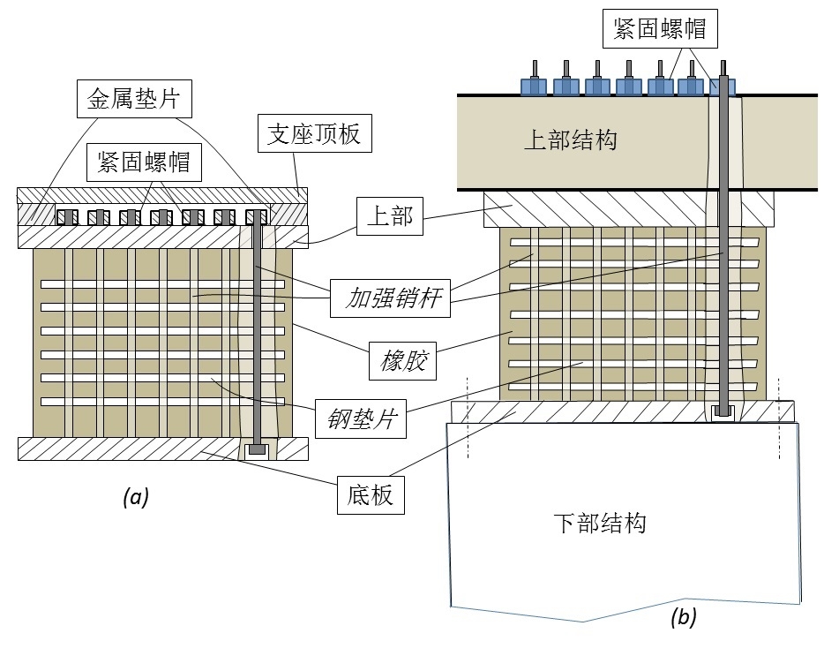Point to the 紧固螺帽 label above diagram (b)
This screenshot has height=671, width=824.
point(659,28)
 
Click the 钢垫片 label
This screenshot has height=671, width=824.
point(361,420)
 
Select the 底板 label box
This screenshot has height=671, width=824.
point(371,495)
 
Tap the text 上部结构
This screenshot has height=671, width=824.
point(570,140)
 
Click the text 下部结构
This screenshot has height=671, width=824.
point(600,523)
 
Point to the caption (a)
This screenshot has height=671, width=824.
point(136,497)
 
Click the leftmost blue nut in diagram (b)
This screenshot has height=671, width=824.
point(534,86)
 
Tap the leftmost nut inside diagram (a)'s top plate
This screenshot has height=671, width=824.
point(66,216)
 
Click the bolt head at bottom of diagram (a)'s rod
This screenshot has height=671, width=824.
point(257,450)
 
